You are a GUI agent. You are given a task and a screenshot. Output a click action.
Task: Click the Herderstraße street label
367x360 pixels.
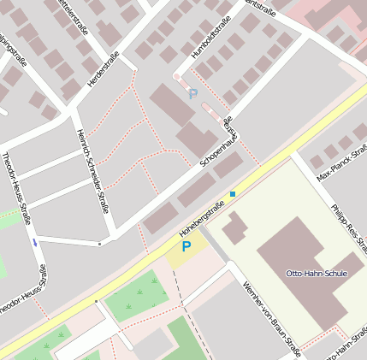click(104, 70)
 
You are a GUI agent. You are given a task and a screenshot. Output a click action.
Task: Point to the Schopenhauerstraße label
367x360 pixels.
click(218, 142)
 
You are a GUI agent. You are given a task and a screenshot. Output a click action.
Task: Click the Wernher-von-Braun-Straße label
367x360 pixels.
click(272, 320)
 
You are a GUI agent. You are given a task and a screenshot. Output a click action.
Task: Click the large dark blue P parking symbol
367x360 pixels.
click(186, 247)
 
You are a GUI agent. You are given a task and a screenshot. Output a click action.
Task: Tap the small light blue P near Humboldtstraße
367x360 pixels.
click(192, 94)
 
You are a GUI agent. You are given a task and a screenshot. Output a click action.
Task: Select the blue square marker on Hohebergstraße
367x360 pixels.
click(232, 194)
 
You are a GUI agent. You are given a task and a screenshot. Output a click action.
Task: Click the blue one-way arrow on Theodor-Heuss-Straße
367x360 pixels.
click(35, 243)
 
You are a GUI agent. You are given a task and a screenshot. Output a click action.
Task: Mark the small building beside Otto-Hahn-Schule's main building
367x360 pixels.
click(235, 227)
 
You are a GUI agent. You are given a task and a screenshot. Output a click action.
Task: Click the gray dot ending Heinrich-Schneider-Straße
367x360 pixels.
click(99, 244)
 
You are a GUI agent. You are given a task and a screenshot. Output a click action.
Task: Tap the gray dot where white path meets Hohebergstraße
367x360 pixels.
click(96, 301)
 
